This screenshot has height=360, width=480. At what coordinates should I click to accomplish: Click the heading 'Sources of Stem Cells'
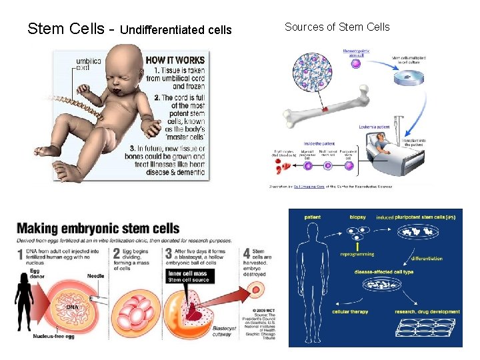pos(337,27)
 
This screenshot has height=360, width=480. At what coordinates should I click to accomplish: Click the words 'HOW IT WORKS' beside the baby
pos(174,59)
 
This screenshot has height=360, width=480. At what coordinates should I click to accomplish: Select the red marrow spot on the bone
pos(326,108)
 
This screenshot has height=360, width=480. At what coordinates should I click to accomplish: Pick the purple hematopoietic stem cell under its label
pos(355,63)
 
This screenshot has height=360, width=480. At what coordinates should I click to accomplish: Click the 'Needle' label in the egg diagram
pos(95,275)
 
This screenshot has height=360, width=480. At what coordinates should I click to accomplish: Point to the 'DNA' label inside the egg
pos(72,307)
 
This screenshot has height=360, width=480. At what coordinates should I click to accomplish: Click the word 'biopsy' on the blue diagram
pos(357,217)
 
